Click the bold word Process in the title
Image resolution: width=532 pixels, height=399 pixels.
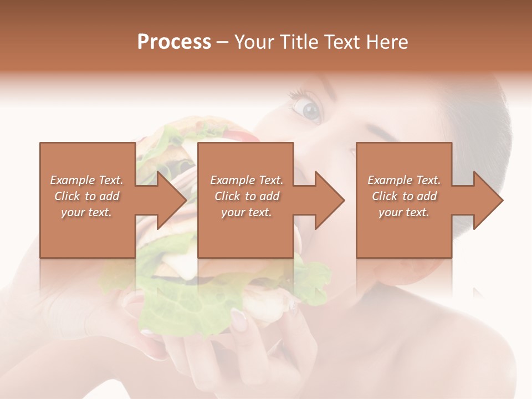point(174,42)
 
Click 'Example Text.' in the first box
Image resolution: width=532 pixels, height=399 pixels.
point(86,180)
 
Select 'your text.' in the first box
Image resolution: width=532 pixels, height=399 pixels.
point(86,212)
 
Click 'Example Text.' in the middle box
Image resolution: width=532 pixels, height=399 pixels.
point(247,180)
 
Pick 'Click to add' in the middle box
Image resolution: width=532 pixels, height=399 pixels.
point(247,196)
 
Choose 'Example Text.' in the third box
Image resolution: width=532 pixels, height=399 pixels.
point(404,180)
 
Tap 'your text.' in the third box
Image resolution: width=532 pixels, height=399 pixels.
point(404,212)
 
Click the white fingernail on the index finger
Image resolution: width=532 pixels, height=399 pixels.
point(238,317)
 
